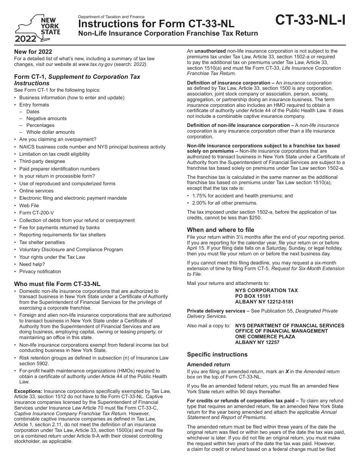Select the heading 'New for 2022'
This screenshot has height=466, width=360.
(33, 52)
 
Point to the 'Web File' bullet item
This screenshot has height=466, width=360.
(29, 205)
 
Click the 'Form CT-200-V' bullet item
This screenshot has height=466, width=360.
(36, 213)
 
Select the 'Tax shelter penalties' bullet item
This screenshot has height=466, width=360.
(42, 242)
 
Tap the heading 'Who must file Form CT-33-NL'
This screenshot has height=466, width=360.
(57, 284)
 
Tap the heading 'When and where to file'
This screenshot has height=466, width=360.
(221, 230)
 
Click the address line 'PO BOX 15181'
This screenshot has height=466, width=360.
(253, 296)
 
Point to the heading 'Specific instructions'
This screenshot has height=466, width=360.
(217, 355)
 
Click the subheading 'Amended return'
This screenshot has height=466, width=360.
(208, 364)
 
